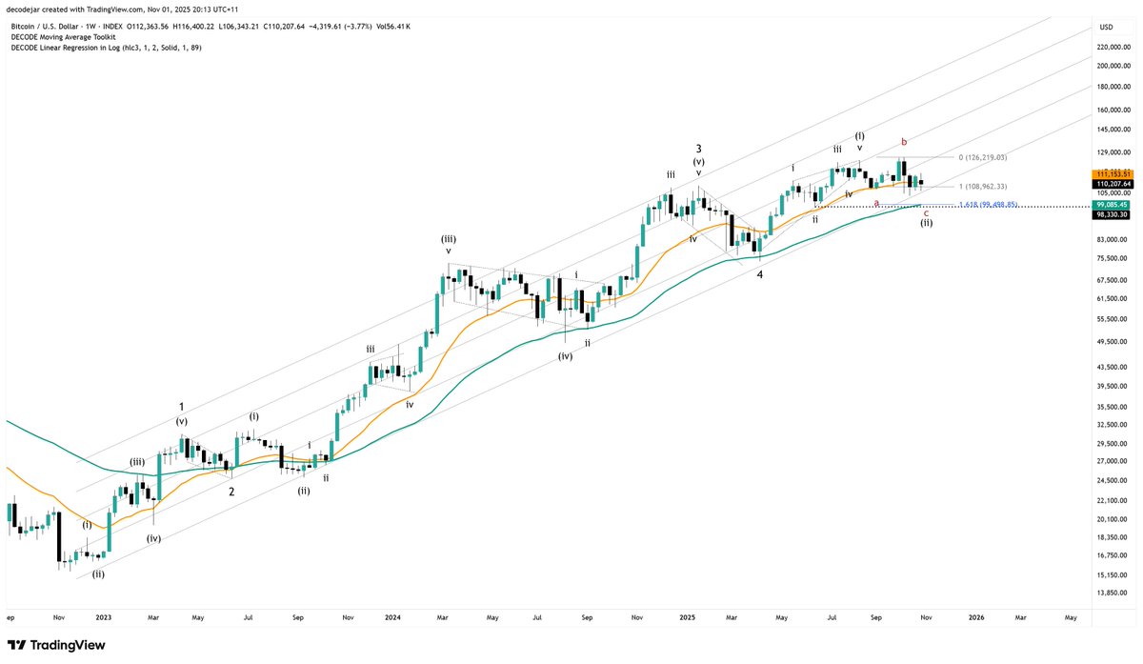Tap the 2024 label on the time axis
coord(391,617)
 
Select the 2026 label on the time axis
coord(975,617)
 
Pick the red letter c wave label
coord(926,212)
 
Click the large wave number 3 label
coord(698,149)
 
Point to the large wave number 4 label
coord(759,274)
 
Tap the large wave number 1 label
coord(182,406)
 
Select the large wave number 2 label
coord(231,492)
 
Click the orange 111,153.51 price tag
coord(1113,172)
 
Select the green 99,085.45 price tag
coord(1113,205)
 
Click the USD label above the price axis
coord(1106,26)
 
